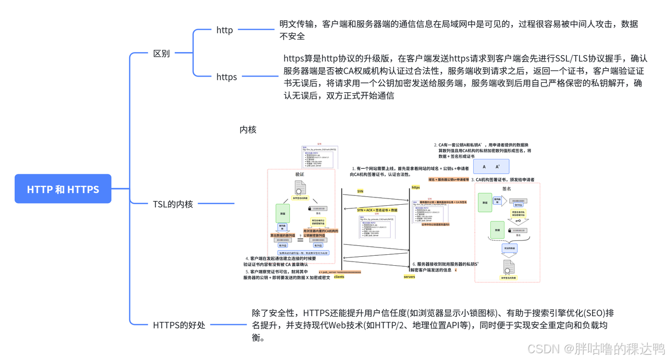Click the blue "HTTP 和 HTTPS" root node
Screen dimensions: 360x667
pos(63,189)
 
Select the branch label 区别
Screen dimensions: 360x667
pos(161,53)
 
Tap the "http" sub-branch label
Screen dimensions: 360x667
pos(225,30)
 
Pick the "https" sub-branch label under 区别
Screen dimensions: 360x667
pos(227,77)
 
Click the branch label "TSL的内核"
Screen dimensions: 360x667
pos(173,204)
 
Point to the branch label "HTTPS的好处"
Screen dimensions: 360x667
pos(179,325)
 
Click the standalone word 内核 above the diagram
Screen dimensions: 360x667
pos(248,129)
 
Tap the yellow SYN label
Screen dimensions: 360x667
pos(360,192)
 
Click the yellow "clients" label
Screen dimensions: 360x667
pos(339,277)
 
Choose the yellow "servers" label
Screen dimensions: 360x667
pos(410,277)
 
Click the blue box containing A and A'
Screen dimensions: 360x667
pos(491,167)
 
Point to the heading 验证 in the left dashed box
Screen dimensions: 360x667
pos(300,175)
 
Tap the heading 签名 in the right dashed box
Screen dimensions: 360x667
pos(507,189)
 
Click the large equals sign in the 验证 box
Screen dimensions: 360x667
pos(300,240)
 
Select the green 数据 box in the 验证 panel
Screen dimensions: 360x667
pos(283,214)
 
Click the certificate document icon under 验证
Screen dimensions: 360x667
pos(300,188)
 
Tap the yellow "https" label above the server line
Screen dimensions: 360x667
pos(416,188)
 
